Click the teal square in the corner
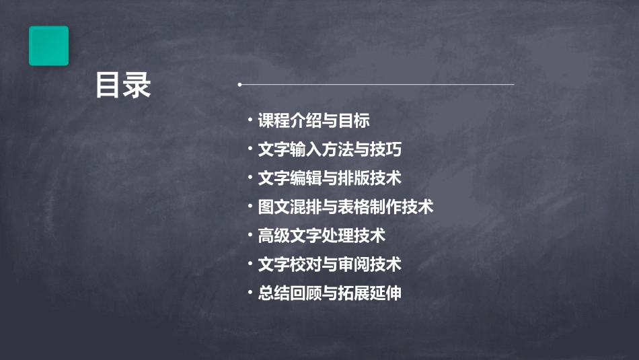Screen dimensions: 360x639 click(48, 46)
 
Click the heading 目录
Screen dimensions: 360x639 click(122, 85)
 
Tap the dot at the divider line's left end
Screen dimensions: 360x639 click(239, 85)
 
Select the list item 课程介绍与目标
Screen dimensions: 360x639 click(314, 121)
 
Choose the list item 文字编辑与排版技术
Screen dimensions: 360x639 click(330, 178)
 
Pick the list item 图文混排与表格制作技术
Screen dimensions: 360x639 click(346, 207)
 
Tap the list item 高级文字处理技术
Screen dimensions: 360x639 click(322, 236)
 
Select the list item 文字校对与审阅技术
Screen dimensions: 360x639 click(330, 264)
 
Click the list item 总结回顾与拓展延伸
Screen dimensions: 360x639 click(330, 293)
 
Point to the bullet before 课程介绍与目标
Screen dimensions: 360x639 click(250, 120)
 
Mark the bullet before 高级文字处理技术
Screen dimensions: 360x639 click(250, 236)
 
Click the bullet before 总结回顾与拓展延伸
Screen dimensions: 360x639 click(250, 293)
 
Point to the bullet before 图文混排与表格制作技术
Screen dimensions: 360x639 click(250, 207)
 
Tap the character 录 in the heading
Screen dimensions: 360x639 click(137, 85)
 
